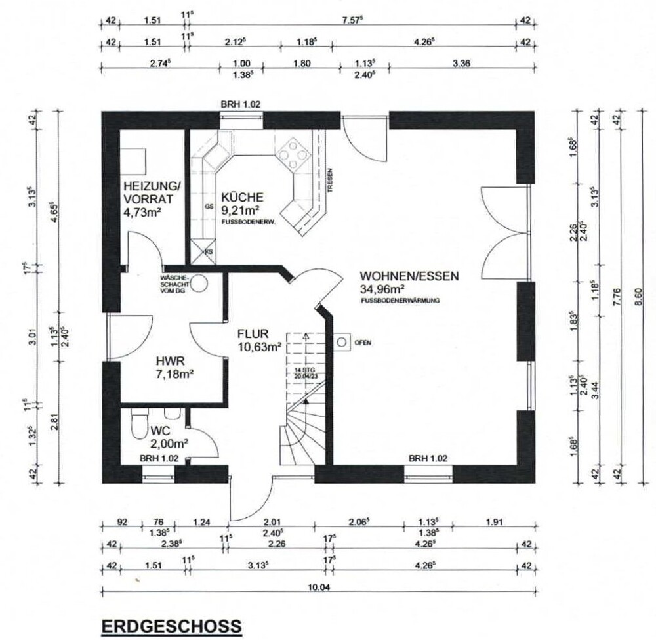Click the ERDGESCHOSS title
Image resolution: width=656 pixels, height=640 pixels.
click(171, 627)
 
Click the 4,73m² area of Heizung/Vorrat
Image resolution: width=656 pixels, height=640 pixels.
click(142, 212)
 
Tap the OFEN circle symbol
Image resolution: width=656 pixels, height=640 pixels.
click(342, 341)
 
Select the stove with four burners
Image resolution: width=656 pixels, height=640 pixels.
click(292, 153)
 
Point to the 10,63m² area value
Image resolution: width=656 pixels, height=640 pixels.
click(260, 346)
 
